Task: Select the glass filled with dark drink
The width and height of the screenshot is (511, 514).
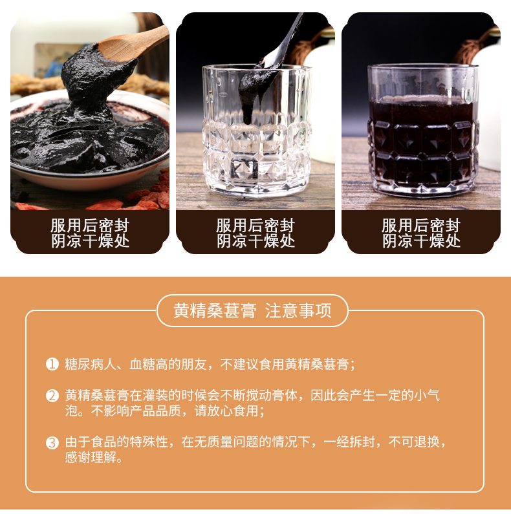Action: tap(422, 131)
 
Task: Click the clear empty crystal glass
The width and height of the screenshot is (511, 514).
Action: tap(257, 131)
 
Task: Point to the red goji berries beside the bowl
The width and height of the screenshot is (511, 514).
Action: tap(144, 197)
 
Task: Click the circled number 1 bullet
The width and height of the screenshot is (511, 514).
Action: tap(52, 364)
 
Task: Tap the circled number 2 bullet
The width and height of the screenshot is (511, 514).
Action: tap(52, 396)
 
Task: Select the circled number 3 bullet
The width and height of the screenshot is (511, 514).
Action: tap(52, 443)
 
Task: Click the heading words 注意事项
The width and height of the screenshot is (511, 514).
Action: tap(298, 311)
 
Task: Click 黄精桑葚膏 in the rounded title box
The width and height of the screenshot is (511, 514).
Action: tap(215, 311)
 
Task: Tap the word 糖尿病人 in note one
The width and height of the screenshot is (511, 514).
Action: tap(91, 364)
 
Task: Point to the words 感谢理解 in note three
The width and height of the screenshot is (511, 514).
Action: tap(91, 457)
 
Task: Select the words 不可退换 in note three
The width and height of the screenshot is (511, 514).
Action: tap(414, 442)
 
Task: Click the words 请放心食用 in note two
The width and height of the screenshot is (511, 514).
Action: tap(226, 411)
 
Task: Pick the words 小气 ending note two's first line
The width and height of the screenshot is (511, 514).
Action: tap(427, 395)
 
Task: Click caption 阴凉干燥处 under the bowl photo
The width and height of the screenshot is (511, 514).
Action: tap(90, 242)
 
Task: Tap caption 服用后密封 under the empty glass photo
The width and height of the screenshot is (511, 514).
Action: tap(255, 226)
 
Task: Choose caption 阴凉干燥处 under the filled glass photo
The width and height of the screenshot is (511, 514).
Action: tap(422, 242)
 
